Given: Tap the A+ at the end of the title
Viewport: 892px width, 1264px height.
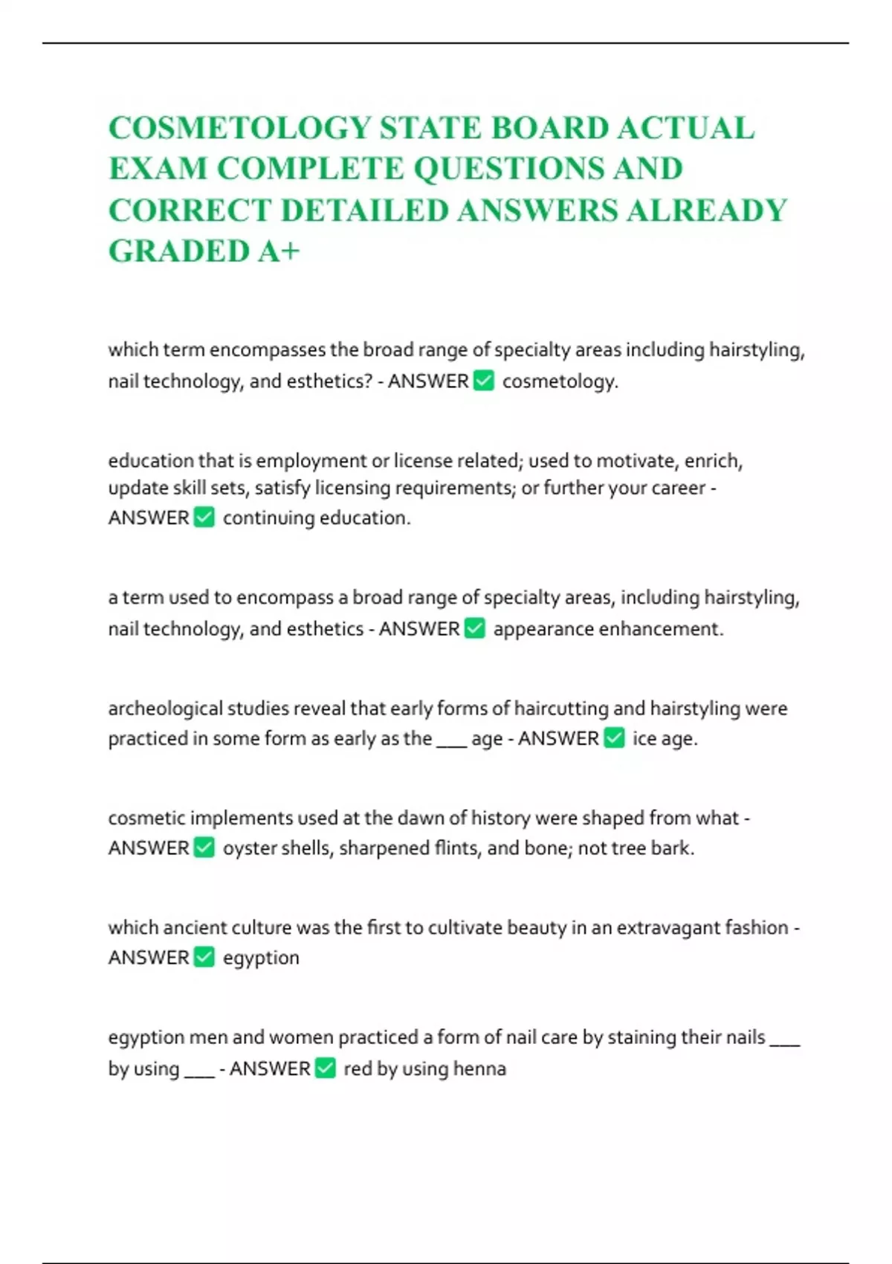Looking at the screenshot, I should [279, 251].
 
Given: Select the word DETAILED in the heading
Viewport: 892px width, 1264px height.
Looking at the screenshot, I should [366, 210].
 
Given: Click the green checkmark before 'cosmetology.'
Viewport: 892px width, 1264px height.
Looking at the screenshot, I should [484, 381].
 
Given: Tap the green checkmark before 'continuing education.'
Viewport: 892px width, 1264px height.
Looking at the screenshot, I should [204, 517].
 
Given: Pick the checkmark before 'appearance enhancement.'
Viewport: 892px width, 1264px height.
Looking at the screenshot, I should [475, 629].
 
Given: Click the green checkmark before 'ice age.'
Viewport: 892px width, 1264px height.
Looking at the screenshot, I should [614, 738].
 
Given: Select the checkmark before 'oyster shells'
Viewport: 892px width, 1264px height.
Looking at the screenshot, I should [204, 848].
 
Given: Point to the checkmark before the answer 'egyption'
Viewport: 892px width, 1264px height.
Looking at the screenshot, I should [204, 957].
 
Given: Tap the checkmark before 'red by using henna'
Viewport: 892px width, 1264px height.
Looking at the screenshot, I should [326, 1068].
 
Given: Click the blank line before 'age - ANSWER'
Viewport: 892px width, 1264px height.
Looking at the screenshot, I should [451, 741].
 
